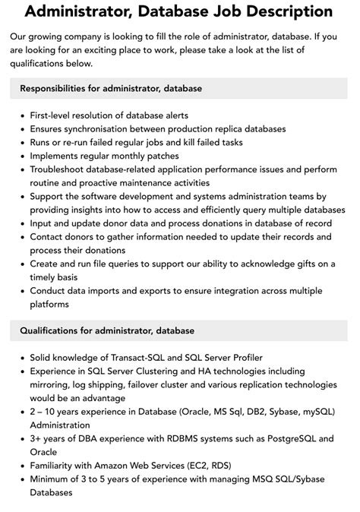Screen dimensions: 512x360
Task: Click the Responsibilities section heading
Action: coord(111,88)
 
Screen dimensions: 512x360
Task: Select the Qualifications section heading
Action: coord(107,330)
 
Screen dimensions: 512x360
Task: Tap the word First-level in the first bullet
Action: coord(54,115)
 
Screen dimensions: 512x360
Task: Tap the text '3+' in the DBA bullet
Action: coord(37,438)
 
